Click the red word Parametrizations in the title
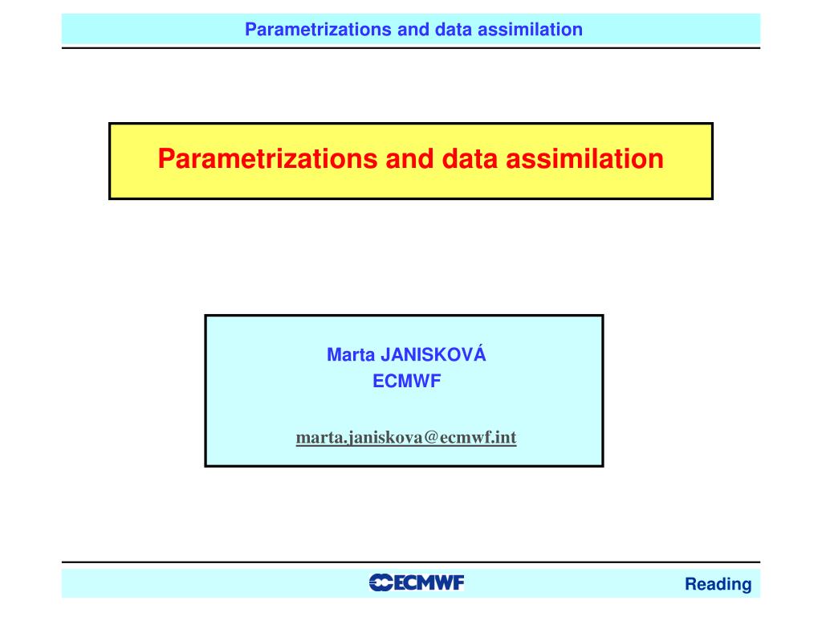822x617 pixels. (x=267, y=158)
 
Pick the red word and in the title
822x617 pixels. (x=409, y=158)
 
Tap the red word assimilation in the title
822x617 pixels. (x=585, y=158)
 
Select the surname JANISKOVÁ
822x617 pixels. (x=433, y=355)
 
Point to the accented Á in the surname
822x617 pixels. (x=480, y=353)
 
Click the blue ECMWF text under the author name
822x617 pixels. (x=407, y=382)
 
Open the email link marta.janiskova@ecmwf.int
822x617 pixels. (x=406, y=438)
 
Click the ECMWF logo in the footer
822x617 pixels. (x=417, y=582)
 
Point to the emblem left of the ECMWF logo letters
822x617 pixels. (x=381, y=582)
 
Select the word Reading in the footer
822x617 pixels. (x=718, y=585)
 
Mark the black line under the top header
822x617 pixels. (x=411, y=47)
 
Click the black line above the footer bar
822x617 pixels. (x=411, y=562)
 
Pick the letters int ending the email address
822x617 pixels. (x=506, y=438)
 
